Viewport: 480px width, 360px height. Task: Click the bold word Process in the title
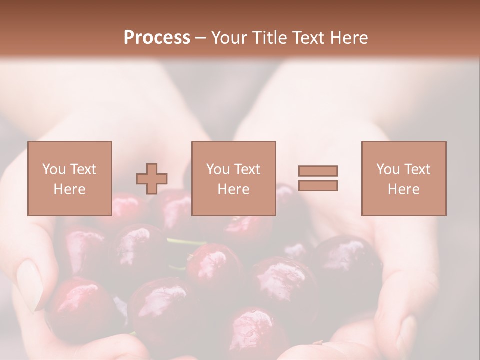(157, 37)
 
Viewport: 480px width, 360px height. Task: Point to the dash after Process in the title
(200, 38)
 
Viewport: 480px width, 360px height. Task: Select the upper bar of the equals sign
(318, 171)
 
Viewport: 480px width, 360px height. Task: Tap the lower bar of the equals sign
(318, 186)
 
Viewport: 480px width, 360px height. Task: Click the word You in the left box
(54, 169)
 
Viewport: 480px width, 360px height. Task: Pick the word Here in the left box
(69, 189)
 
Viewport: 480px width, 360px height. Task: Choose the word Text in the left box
(82, 169)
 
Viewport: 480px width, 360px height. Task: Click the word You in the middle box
(218, 169)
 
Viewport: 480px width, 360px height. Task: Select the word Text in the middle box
(247, 169)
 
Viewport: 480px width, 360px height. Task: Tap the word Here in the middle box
(233, 189)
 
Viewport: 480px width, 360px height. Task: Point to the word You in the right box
(388, 169)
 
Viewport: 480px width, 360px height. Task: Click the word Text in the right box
(417, 169)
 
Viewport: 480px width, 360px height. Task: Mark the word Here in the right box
(403, 189)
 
